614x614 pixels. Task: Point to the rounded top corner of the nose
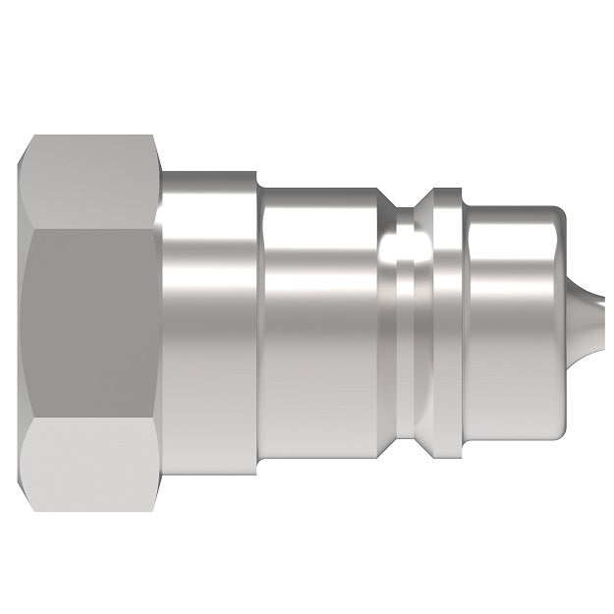(x=558, y=213)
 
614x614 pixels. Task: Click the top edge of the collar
(x=209, y=173)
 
